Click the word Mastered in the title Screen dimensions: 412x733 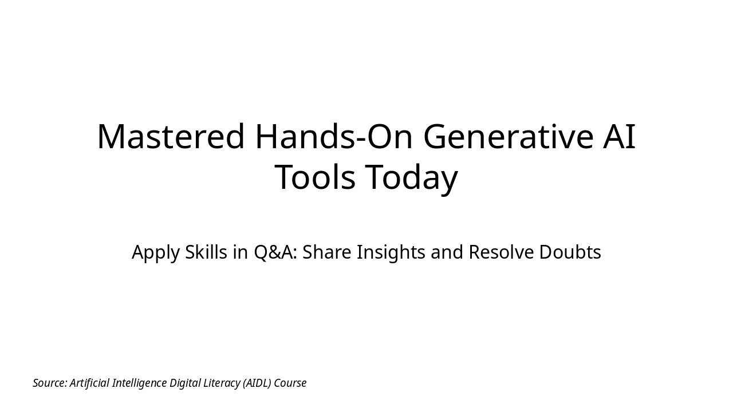(171, 137)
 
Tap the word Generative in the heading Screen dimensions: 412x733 (509, 137)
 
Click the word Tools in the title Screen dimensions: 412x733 (314, 177)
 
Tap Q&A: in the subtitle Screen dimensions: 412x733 (275, 252)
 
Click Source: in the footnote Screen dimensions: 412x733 (50, 383)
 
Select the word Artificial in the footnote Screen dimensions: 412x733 (89, 383)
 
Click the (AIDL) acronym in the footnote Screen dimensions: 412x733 (257, 383)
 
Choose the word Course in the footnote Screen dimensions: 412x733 (290, 383)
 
